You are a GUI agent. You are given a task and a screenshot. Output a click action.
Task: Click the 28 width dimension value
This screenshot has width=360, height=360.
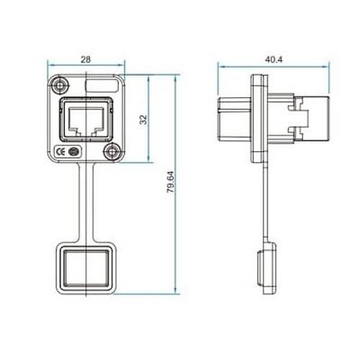[x=86, y=59]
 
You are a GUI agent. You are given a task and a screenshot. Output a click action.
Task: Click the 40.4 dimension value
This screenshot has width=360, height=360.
[x=274, y=59]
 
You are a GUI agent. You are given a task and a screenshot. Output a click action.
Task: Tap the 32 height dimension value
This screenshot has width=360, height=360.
[x=143, y=120]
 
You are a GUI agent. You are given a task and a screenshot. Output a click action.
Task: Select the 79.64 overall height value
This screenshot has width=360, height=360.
[x=171, y=182]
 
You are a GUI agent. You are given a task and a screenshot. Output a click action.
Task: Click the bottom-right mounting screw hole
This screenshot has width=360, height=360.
[x=112, y=152]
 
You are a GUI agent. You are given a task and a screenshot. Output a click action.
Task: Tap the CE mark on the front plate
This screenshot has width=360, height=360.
[x=60, y=152]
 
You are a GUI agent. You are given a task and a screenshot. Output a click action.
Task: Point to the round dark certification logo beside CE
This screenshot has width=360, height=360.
[x=73, y=152]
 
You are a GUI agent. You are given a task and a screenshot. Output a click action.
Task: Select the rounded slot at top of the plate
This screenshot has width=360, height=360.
[x=102, y=86]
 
